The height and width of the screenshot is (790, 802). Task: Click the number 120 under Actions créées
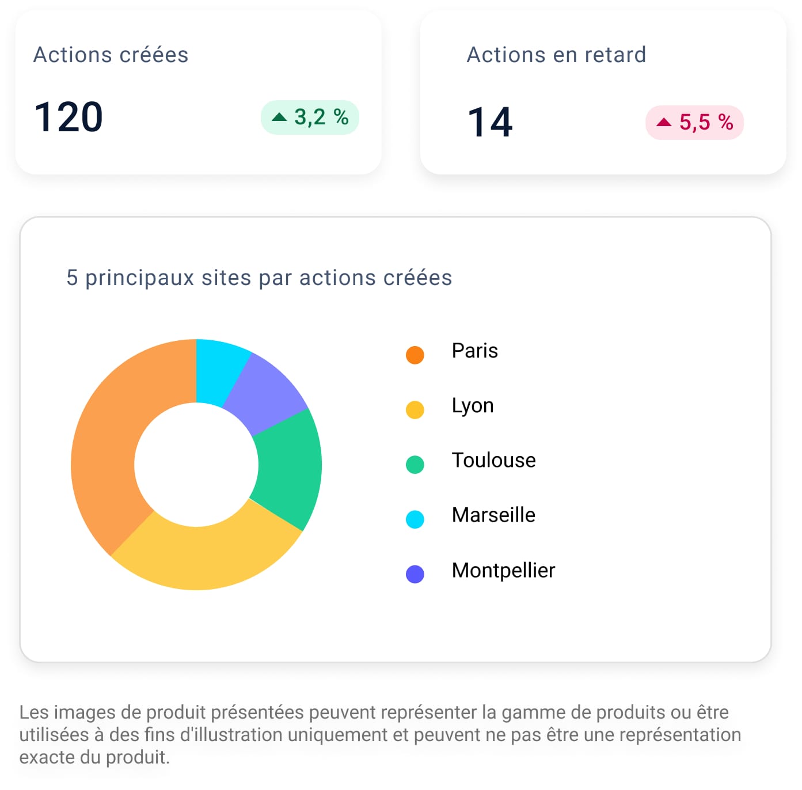69,117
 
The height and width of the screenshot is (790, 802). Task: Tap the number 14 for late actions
490,122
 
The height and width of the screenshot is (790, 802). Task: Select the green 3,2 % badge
310,117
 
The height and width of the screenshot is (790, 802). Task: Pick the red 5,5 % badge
694,122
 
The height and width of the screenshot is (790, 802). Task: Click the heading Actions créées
111,55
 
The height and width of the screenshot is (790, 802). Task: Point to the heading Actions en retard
556,55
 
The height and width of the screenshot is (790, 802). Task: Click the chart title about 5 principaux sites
259,278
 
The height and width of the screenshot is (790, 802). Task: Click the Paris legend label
474,351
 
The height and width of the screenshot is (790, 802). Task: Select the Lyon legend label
473,405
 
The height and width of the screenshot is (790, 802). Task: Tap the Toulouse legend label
493,460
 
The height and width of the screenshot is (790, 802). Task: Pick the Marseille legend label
493,515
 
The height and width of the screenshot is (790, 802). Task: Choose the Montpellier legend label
503,570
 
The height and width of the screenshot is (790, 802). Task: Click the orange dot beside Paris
415,355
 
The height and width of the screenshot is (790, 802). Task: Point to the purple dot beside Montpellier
415,574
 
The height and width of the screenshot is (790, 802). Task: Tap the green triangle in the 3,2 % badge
279,117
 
